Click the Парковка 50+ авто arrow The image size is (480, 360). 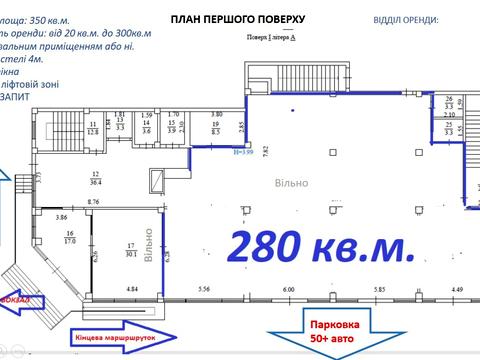[x=330, y=326]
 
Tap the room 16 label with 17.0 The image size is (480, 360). [x=68, y=237]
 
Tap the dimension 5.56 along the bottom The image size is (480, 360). [x=205, y=290]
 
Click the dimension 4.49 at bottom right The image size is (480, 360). [x=457, y=290]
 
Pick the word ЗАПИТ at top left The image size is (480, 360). [x=15, y=96]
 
